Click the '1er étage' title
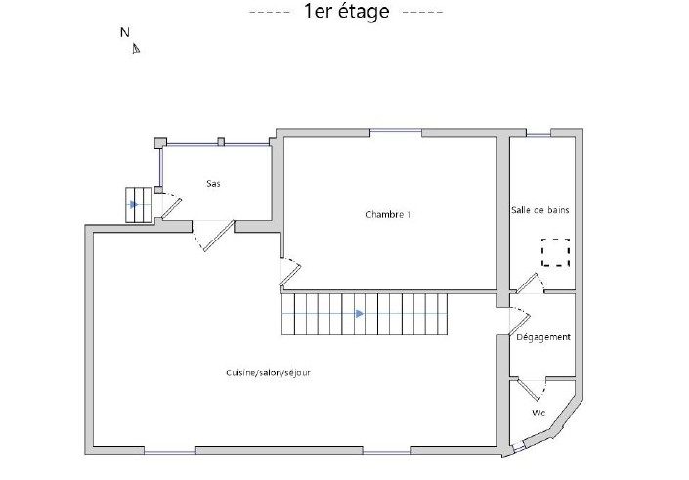(346, 11)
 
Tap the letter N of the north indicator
(125, 32)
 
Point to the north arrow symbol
(136, 48)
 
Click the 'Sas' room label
(214, 183)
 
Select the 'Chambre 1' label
(388, 214)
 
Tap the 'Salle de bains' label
(540, 210)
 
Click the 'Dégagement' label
(543, 337)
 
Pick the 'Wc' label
(538, 414)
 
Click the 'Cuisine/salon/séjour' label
(268, 372)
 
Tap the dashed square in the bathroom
(555, 252)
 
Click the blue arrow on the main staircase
(360, 314)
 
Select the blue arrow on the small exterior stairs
(134, 205)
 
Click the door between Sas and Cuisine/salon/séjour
(213, 236)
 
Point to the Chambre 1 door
(290, 273)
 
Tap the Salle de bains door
(530, 284)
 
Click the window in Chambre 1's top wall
(396, 130)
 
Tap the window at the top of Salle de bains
(538, 134)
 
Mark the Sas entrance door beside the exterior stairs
(169, 205)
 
